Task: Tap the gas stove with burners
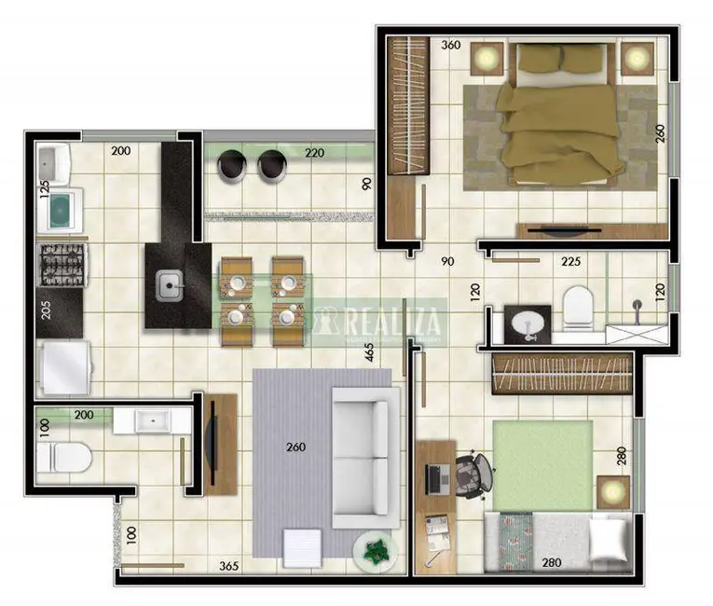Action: click(62, 265)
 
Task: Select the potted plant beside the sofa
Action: click(375, 550)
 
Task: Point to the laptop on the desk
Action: click(437, 478)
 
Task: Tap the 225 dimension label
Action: click(571, 262)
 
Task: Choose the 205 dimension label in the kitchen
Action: click(46, 310)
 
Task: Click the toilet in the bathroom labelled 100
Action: click(63, 458)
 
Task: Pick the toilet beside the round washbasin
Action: click(578, 307)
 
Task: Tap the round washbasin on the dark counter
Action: click(527, 324)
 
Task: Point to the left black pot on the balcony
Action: click(231, 165)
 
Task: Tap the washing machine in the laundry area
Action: click(61, 211)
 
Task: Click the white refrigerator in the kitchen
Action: click(63, 367)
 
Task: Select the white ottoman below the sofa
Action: click(303, 547)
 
